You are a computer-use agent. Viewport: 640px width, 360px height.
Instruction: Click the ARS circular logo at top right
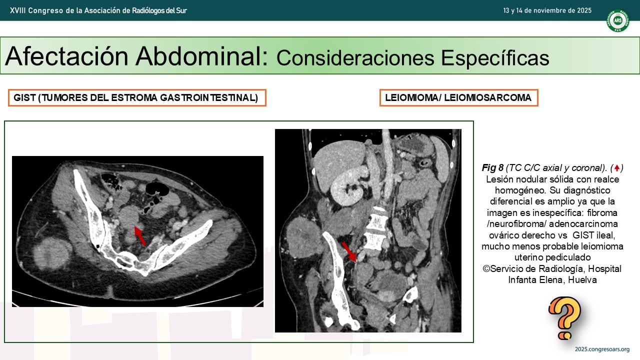[617, 20]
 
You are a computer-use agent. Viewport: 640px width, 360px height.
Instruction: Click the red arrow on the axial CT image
[140, 235]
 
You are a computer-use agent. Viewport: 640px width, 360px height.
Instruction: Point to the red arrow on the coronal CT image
[349, 251]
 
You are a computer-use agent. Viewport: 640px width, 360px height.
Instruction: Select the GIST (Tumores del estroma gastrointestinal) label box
[137, 97]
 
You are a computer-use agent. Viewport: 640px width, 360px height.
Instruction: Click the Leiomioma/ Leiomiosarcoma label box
[459, 97]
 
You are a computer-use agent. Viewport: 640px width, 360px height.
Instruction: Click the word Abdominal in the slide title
[201, 56]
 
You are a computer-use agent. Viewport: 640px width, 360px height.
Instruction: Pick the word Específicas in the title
[495, 57]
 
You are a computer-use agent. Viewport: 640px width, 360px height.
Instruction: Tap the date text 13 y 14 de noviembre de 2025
[547, 10]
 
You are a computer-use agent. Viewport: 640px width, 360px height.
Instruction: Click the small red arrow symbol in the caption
[617, 167]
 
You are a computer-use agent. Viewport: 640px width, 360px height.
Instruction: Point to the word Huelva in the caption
[582, 279]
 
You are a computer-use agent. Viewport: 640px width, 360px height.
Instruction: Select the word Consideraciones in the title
[355, 57]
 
